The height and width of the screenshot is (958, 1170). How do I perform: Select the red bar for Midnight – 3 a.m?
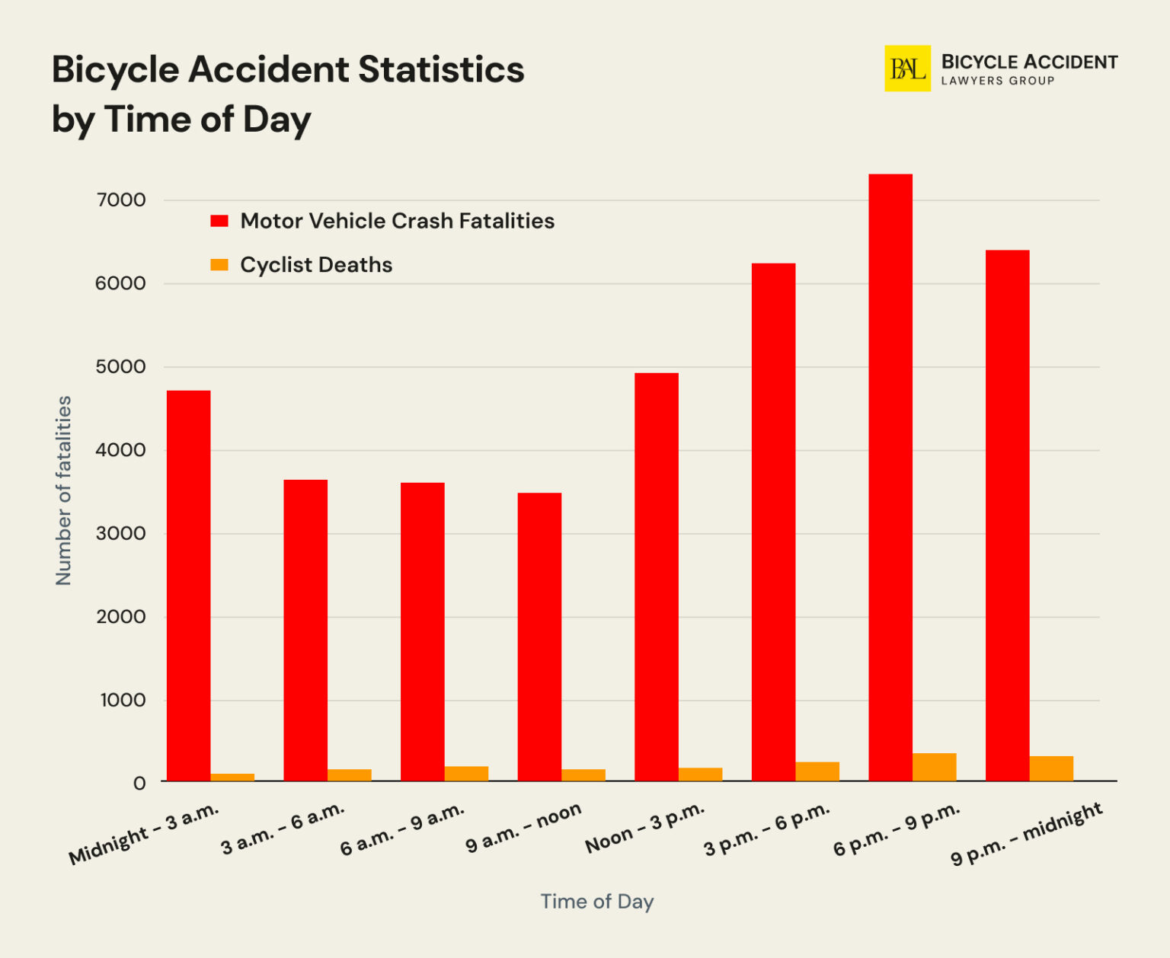pos(188,586)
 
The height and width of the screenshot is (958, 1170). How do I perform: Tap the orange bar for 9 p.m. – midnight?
pos(1051,768)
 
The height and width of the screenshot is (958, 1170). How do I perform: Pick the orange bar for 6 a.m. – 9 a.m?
pos(466,774)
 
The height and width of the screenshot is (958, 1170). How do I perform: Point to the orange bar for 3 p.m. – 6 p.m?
pos(817,771)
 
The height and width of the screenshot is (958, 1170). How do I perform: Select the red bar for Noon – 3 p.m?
pos(656,576)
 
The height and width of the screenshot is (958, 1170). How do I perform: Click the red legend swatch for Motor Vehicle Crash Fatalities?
pos(219,221)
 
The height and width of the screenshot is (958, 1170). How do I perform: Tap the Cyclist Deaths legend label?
pos(316,265)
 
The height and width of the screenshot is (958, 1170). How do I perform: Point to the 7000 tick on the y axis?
pos(121,200)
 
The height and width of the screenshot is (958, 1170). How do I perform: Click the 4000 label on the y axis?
pos(121,450)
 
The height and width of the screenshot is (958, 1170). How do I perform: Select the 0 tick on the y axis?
pos(139,783)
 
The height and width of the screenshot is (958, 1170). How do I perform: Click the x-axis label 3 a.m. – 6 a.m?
pos(283,829)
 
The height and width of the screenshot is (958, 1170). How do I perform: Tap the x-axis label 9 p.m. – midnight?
pos(1026,834)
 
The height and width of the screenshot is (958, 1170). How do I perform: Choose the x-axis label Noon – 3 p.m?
pos(644,828)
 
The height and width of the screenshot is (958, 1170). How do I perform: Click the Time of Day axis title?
pos(597,902)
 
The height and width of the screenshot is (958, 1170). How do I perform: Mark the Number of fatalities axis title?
pos(63,490)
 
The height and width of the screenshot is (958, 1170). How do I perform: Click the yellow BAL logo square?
pos(907,69)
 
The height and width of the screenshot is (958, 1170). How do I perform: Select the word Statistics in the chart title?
pos(441,69)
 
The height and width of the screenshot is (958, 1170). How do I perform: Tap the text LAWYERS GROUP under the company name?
pos(997,81)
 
